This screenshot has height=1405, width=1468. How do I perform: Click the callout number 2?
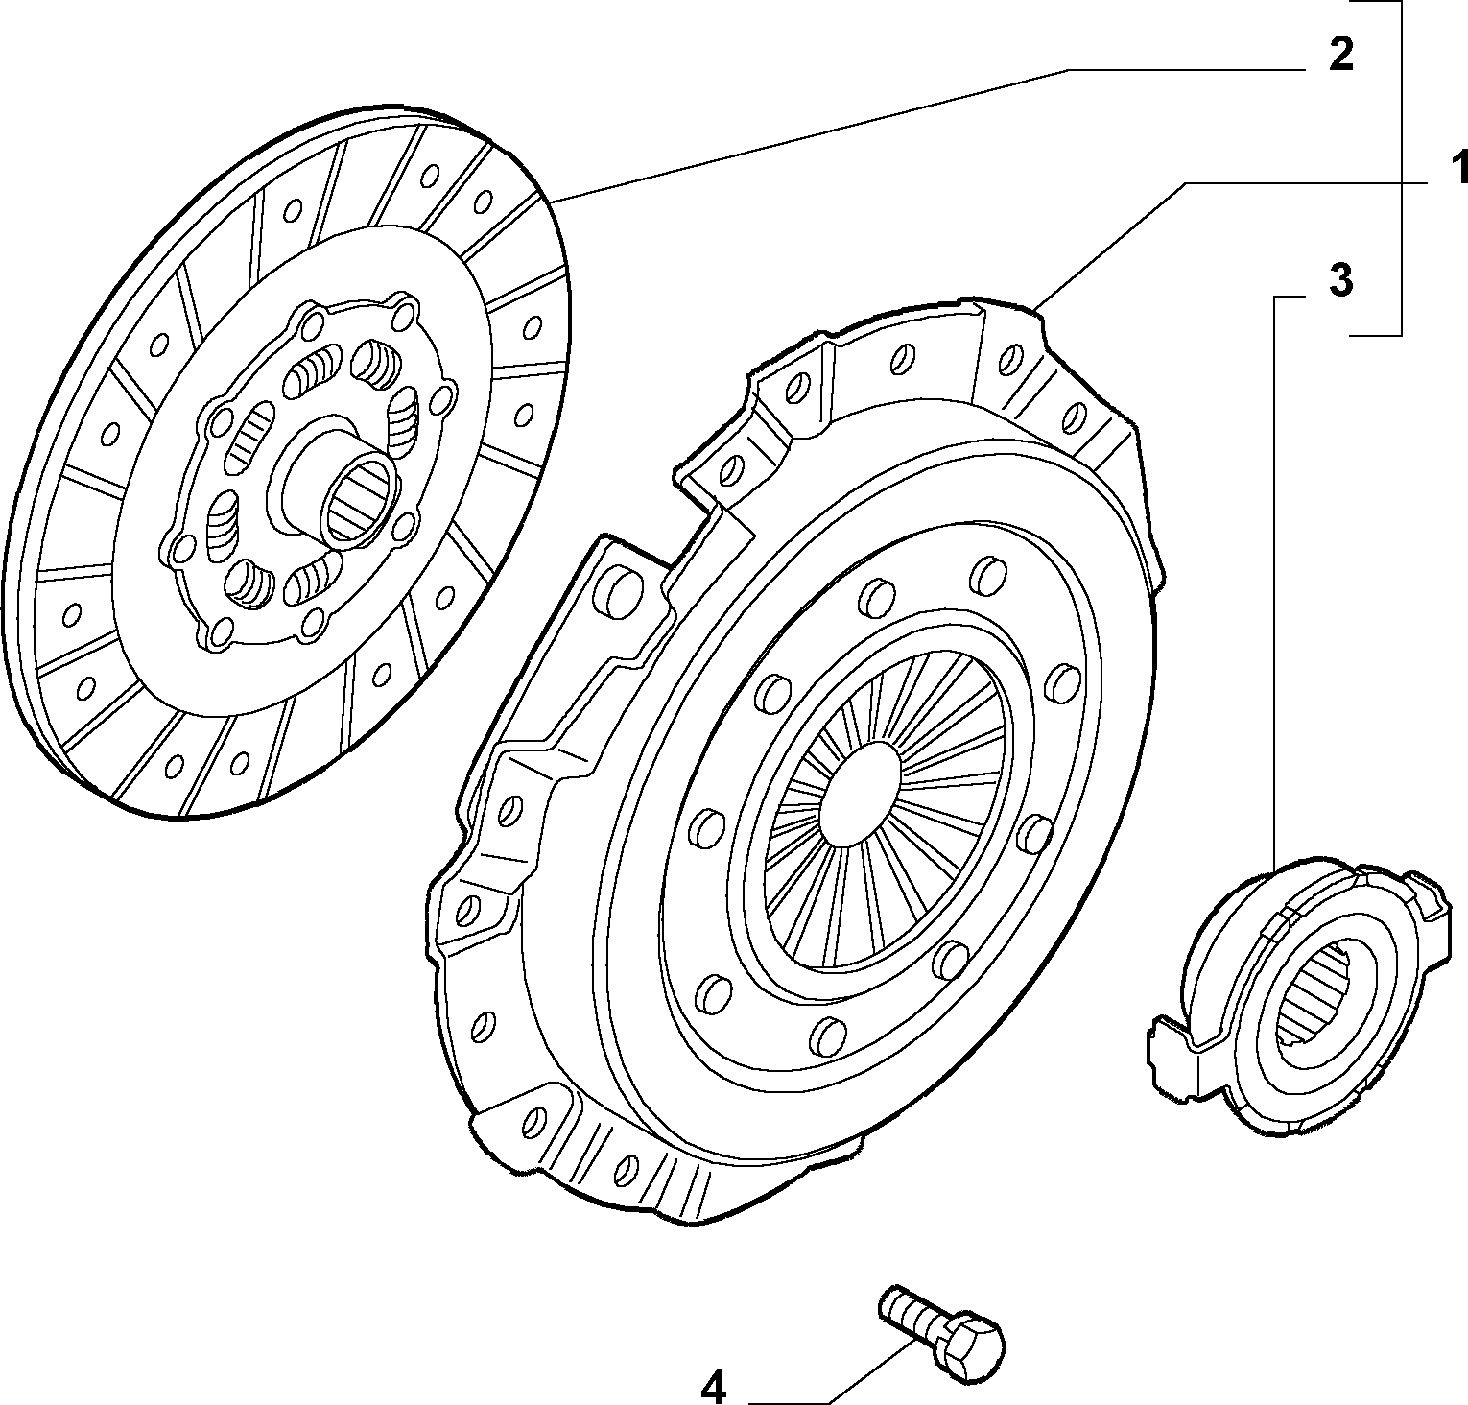coord(1340,55)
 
